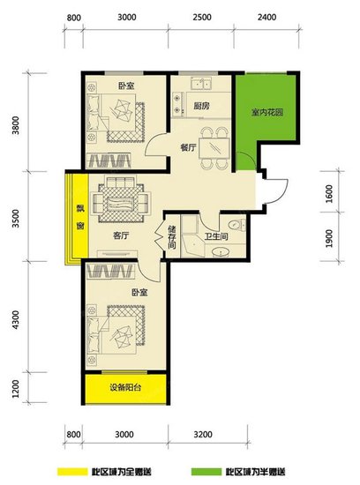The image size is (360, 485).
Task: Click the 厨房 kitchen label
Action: pos(201,107)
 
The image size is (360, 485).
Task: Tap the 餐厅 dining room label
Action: pos(188,147)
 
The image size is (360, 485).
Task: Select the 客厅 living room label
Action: pos(121,236)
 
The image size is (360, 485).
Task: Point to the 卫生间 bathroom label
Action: pos(216,237)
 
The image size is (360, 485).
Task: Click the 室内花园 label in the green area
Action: pos(267,112)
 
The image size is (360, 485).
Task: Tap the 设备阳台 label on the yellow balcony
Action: pos(125,388)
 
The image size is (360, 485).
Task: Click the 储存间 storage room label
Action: pos(172,237)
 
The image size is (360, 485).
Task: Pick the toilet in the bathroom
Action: pos(236,225)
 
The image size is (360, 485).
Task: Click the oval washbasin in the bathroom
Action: pos(221,252)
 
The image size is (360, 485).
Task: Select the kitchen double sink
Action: pos(201,84)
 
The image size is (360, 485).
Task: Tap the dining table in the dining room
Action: pos(214,148)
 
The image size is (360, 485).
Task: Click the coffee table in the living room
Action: pos(122,203)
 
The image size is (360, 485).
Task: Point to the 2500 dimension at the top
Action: pos(202,17)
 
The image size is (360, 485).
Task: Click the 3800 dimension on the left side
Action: pos(15,125)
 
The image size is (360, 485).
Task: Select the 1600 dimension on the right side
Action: pos(329,194)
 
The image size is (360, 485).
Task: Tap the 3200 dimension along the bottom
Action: pos(203,435)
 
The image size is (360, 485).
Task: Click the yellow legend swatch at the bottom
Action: pos(72,472)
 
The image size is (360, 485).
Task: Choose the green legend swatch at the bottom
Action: pos(206,472)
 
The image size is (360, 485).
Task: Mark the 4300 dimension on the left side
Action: pos(15,320)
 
